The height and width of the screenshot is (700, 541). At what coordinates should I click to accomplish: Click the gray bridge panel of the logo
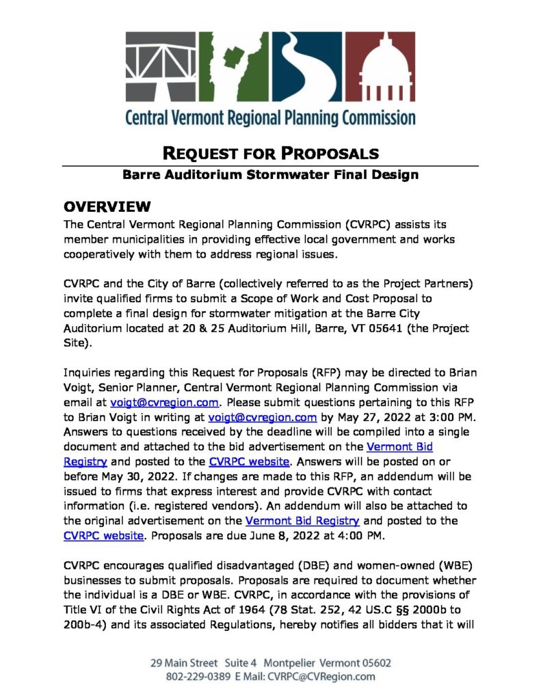tap(161, 67)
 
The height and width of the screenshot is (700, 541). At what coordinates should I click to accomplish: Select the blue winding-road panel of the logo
tap(306, 67)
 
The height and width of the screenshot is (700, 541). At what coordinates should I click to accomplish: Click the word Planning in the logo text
tap(304, 116)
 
